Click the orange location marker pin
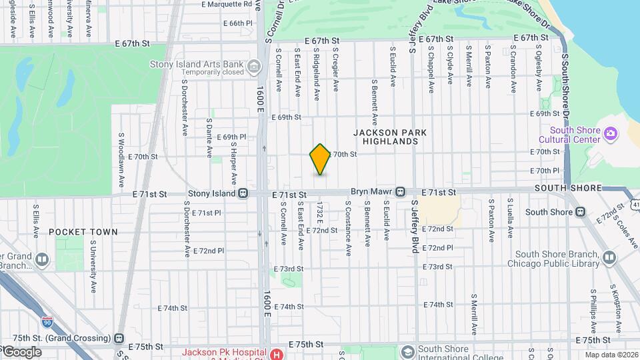coord(320,159)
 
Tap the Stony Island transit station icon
coord(244,193)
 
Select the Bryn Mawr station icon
coord(400,192)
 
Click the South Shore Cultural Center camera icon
coord(610,135)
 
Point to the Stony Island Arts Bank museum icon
coord(253,67)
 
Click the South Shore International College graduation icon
coord(407,351)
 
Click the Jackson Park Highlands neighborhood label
coord(391,137)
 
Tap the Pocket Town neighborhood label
coord(83,232)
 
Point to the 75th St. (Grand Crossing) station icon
coord(119,337)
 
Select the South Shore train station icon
coord(580,212)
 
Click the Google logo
coord(21,351)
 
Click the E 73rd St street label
coord(288,269)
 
